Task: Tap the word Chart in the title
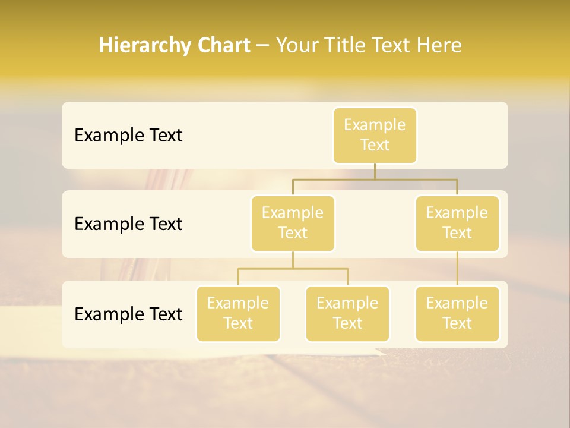(222, 46)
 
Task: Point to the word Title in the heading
(349, 46)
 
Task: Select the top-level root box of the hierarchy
(375, 135)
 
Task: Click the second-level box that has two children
(293, 223)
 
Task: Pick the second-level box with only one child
(457, 223)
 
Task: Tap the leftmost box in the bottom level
(238, 313)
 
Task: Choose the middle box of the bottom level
(347, 313)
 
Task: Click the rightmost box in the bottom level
(457, 313)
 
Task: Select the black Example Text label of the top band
(128, 136)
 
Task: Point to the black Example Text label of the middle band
(128, 224)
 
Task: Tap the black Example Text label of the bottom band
(128, 314)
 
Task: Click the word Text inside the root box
(375, 145)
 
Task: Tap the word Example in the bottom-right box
(457, 303)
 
